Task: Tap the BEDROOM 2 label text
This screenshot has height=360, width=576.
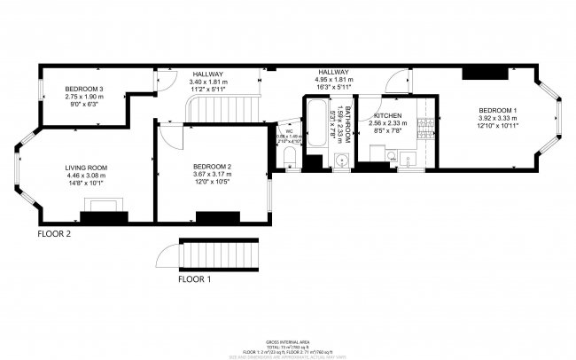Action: [212, 167]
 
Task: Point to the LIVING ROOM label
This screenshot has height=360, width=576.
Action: [86, 168]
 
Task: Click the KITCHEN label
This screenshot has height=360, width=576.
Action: [387, 116]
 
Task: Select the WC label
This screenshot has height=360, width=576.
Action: [289, 131]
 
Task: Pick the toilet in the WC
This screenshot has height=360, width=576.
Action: [290, 159]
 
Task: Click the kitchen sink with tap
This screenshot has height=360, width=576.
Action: [410, 159]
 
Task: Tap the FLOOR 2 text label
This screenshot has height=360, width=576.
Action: [53, 235]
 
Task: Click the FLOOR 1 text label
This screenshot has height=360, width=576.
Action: [195, 279]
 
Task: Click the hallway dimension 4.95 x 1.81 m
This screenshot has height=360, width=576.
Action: [333, 81]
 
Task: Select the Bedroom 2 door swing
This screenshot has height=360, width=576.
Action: [166, 142]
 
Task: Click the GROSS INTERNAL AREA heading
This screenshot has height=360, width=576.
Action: [287, 341]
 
